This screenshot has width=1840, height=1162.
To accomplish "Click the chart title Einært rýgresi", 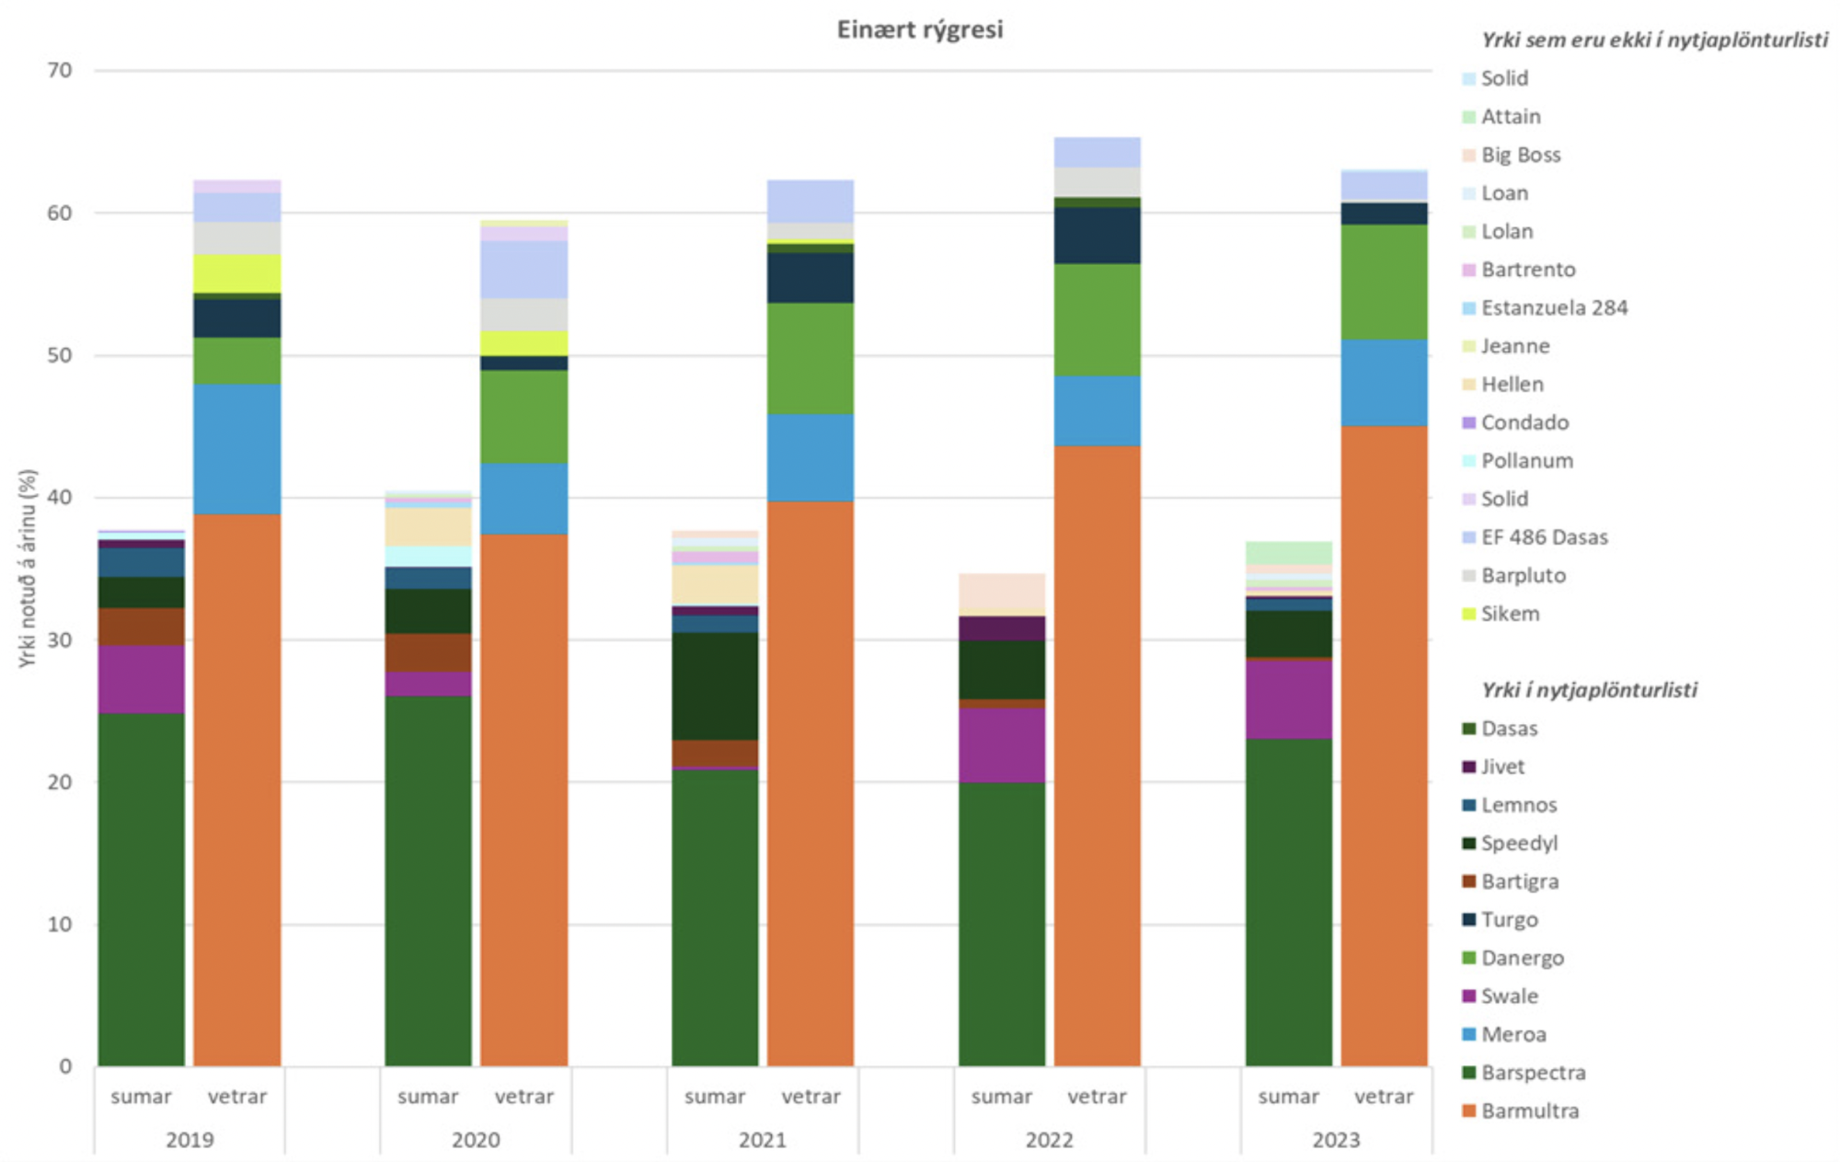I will pyautogui.click(x=919, y=29).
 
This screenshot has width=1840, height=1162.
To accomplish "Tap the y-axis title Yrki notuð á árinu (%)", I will pyautogui.click(x=28, y=569).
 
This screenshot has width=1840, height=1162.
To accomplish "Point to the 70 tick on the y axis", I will pyautogui.click(x=60, y=71).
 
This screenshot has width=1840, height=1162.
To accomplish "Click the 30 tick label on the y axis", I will pyautogui.click(x=60, y=640).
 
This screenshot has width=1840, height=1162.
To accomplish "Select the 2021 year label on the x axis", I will pyautogui.click(x=762, y=1140).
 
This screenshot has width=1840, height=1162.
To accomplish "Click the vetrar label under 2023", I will pyautogui.click(x=1384, y=1097).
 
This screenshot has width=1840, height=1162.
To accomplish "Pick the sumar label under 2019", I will pyautogui.click(x=141, y=1097).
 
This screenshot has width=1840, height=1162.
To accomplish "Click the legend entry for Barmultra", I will pyautogui.click(x=1529, y=1110).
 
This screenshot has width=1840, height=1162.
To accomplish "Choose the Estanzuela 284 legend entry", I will pyautogui.click(x=1554, y=307).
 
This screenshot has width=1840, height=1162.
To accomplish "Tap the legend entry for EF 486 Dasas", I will pyautogui.click(x=1544, y=537).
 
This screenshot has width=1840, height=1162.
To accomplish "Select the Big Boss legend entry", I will pyautogui.click(x=1520, y=155).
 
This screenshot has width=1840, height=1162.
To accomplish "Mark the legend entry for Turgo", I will pyautogui.click(x=1509, y=919).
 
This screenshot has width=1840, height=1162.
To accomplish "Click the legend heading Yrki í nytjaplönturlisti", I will pyautogui.click(x=1589, y=690).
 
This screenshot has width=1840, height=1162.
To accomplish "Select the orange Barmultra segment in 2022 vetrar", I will pyautogui.click(x=1097, y=754).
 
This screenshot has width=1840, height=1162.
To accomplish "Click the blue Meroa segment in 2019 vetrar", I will pyautogui.click(x=236, y=449).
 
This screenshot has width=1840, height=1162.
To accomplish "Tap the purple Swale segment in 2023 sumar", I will pyautogui.click(x=1288, y=699).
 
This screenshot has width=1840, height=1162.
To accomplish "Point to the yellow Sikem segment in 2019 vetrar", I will pyautogui.click(x=236, y=273).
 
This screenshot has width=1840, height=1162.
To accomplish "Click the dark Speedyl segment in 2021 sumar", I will pyautogui.click(x=715, y=685).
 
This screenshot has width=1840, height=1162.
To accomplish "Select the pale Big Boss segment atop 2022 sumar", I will pyautogui.click(x=1001, y=594).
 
